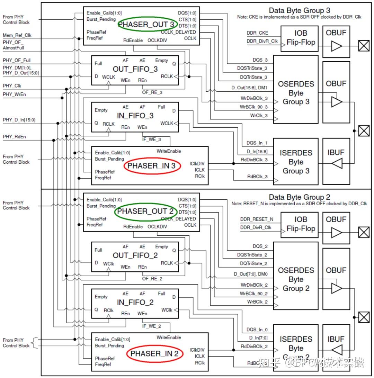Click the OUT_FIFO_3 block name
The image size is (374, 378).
coord(135,69)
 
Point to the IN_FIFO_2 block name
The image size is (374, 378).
coord(135,303)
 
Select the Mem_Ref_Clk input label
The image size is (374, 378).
coord(17,35)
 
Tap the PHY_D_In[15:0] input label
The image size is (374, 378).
coord(19,120)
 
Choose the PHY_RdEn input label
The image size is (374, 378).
coord(14,137)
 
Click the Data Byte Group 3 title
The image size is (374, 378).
coord(300,10)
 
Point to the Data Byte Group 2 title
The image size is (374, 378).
coord(300,197)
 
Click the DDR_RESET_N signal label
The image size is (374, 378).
coord(257,219)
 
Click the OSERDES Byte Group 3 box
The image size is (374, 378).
coord(296,93)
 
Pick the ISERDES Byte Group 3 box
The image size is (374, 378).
coord(296,162)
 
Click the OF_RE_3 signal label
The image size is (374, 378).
coord(152,92)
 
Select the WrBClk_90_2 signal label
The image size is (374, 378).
coord(254,294)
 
